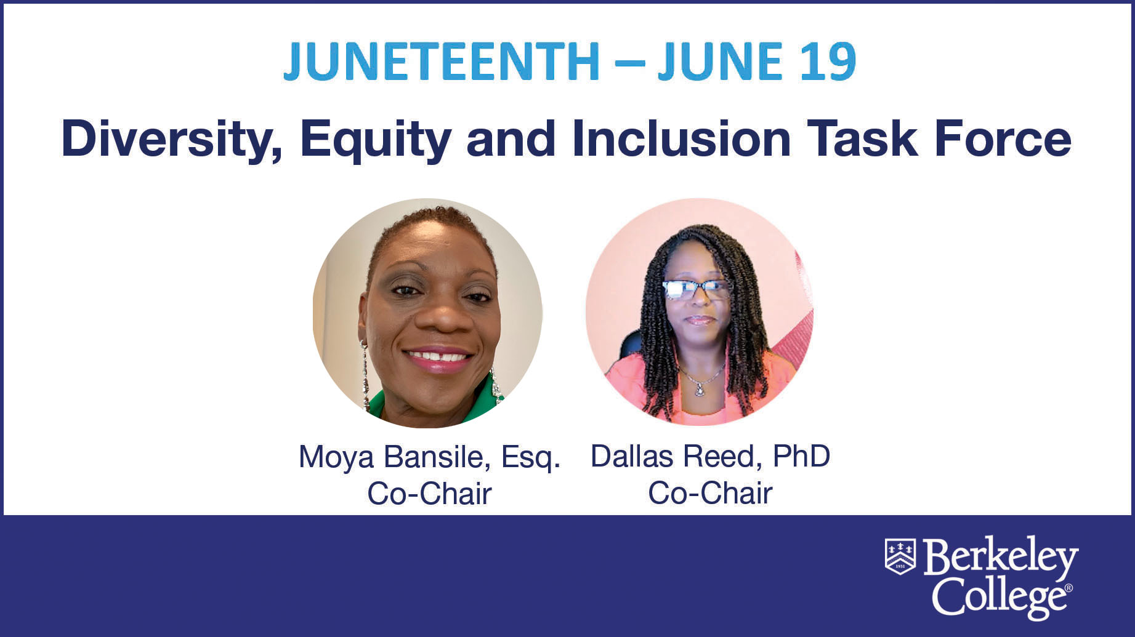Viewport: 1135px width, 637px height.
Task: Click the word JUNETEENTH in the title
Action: click(442, 62)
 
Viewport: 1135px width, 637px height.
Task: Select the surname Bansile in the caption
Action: click(438, 457)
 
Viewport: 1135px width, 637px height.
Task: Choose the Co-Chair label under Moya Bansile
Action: click(429, 494)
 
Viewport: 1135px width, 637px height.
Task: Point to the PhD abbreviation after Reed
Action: click(801, 456)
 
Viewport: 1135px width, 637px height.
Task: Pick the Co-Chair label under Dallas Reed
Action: click(710, 493)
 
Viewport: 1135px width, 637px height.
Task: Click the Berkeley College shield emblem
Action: click(900, 556)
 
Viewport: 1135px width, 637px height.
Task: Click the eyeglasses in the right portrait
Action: click(695, 290)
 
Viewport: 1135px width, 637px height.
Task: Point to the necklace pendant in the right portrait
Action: click(700, 389)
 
